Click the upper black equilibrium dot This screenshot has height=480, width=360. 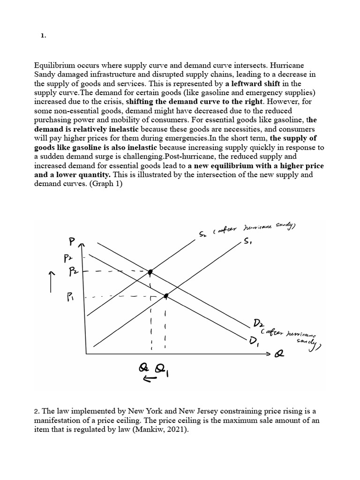[150, 272]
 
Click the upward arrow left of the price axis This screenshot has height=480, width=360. [52, 281]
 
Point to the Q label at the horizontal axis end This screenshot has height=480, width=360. [279, 355]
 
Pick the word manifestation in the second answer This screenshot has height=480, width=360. [60, 420]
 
